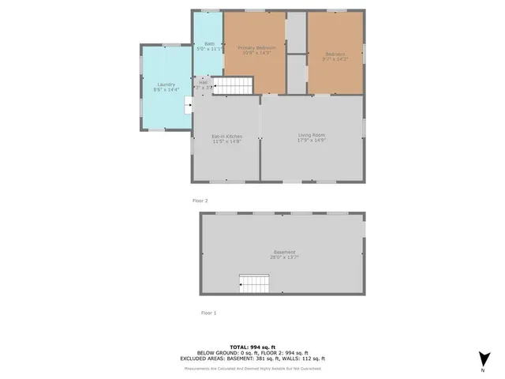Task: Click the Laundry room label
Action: point(166,84)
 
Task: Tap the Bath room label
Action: point(209,43)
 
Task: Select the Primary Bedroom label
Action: point(256,48)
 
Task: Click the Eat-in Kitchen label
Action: point(226,137)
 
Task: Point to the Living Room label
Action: point(312,136)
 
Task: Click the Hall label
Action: point(204,82)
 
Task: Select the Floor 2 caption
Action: point(200,201)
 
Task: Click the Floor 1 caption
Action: point(208,313)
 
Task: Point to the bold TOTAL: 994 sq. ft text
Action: point(252,347)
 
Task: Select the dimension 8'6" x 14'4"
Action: point(166,89)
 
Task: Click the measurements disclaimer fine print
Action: point(252,368)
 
